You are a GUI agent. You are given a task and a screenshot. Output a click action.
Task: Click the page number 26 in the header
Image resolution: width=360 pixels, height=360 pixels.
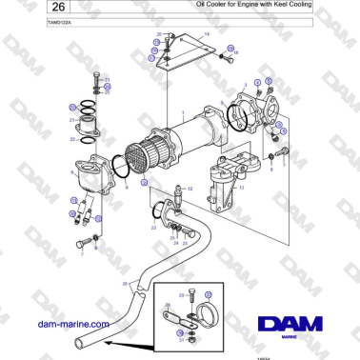tap(30, 9)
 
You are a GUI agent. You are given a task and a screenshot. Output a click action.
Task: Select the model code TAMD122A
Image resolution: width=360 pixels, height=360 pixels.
tap(34, 23)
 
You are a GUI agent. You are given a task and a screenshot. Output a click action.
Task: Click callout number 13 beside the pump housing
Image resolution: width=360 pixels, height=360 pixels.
tap(241, 189)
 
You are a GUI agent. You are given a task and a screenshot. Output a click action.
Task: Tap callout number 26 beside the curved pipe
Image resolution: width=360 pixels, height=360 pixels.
tap(125, 283)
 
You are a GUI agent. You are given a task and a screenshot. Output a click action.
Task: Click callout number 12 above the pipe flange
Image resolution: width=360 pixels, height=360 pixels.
tap(190, 190)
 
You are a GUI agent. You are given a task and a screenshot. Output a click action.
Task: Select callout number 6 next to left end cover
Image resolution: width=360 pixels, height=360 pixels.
tap(72, 172)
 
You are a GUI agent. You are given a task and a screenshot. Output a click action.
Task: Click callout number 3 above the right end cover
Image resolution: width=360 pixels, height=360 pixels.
tap(244, 86)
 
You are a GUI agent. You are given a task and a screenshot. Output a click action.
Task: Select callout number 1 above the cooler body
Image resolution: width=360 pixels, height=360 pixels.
tap(170, 112)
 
